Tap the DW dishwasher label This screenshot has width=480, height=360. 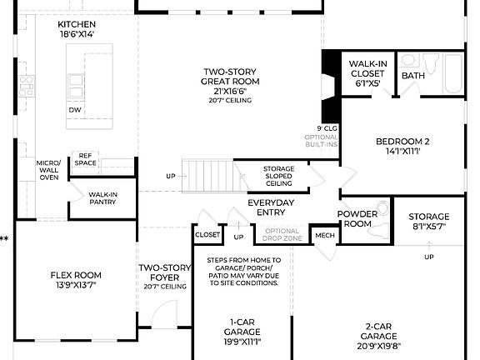(x=75, y=109)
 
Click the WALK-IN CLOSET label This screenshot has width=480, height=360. (x=367, y=72)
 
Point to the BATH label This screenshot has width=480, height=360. (x=413, y=76)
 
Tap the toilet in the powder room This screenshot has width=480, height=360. (x=382, y=207)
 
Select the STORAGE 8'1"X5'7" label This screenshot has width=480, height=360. (x=430, y=221)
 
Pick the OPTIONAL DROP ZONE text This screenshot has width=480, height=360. (x=282, y=235)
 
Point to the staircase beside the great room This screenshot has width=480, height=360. (x=203, y=176)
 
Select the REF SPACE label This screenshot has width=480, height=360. (x=85, y=158)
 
